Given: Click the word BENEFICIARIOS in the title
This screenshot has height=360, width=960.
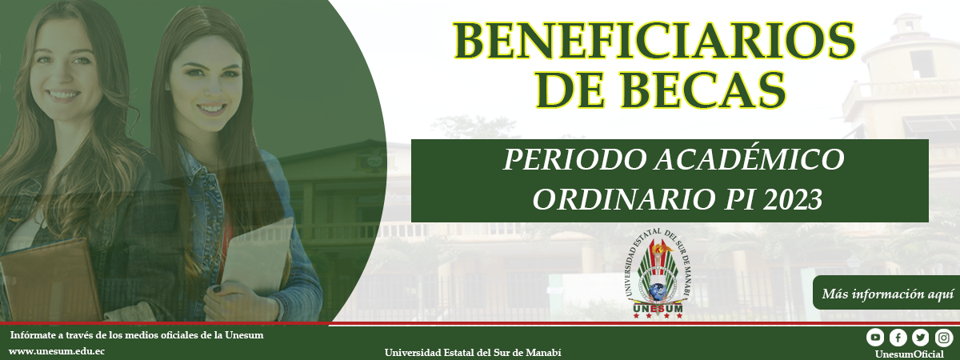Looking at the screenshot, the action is coord(654,40).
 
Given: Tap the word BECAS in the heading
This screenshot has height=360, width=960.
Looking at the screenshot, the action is coord(703,90).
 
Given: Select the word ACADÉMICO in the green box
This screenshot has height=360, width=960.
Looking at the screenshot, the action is coord(748,159).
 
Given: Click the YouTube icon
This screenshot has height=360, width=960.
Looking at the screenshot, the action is coord(874,338).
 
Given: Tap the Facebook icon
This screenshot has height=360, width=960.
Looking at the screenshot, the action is coord(898,338).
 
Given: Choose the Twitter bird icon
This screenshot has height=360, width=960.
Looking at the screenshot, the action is coord(921,338).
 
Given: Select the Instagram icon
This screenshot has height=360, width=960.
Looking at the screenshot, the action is coord(943,338).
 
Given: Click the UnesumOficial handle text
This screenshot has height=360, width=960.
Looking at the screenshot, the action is coord(909,354).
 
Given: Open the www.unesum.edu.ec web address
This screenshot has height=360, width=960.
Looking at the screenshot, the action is coord(57,351).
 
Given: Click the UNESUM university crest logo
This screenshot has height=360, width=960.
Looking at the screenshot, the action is coord(658,275).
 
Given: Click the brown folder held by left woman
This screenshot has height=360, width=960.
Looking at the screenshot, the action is coord(50,281).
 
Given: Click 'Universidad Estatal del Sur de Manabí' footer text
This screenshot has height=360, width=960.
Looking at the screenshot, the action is coord(473,353).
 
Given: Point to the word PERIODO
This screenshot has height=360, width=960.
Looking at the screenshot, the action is coord(574,159).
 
